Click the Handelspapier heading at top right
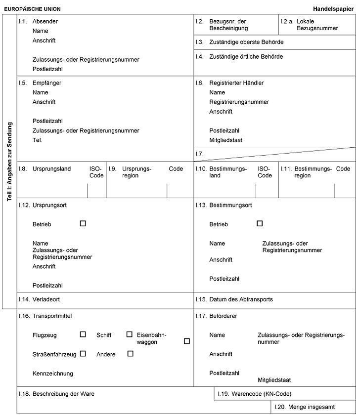point(333,9)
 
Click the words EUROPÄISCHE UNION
point(33,9)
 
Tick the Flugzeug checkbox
point(83,334)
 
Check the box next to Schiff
point(130,334)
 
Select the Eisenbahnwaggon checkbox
point(186,341)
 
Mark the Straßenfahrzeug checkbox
point(83,353)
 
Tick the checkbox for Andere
point(131,353)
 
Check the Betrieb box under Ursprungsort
point(83,223)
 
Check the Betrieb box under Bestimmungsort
point(260,223)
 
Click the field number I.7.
point(200,154)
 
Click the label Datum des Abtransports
point(241,299)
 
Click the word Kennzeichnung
point(52,373)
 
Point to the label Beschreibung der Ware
point(63,394)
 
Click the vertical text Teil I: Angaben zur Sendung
point(9,161)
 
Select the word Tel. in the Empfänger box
point(38,140)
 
